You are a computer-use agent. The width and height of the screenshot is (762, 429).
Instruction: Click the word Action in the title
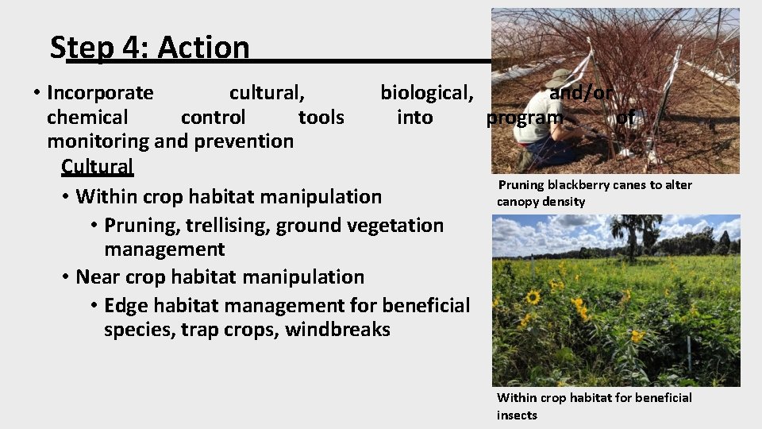(x=203, y=48)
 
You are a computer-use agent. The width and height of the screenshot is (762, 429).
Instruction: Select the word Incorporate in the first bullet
(x=100, y=93)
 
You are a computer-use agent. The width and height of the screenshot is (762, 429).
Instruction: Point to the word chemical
(x=87, y=118)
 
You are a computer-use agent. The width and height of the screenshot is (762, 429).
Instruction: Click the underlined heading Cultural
(x=97, y=167)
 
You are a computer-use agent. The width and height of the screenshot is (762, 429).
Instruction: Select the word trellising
(x=229, y=226)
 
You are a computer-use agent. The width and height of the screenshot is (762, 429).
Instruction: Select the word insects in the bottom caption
(x=517, y=415)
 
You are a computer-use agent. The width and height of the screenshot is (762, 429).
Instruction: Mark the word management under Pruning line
(x=164, y=249)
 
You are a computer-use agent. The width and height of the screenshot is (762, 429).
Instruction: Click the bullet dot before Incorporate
(x=37, y=93)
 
